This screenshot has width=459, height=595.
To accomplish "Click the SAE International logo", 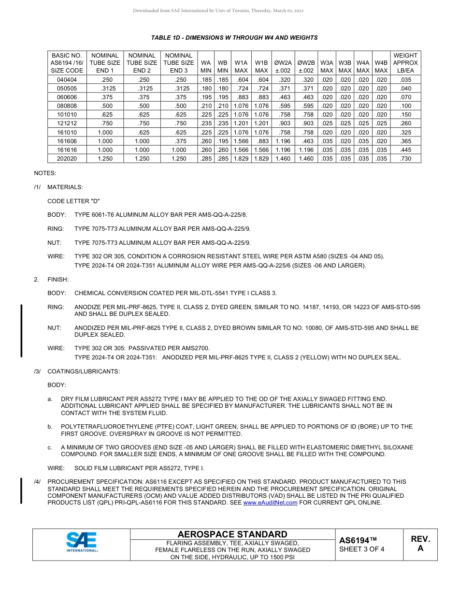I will (x=82, y=542).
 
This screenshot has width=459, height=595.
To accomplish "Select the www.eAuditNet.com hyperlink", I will (x=270, y=503).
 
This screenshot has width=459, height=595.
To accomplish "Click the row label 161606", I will (x=67, y=141).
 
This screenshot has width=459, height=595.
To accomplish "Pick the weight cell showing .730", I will (x=405, y=159).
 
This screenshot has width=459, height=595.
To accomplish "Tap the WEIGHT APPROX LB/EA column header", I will (x=405, y=63).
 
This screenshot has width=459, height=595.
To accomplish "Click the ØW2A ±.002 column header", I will (x=283, y=66).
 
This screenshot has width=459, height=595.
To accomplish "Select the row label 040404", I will (x=67, y=79).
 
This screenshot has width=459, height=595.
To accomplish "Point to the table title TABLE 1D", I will (x=234, y=38).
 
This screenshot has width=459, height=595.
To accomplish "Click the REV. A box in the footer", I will (x=420, y=544).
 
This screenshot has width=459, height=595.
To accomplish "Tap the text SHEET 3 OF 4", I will (x=362, y=549).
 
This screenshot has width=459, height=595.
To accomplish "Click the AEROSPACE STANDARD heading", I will (x=232, y=534).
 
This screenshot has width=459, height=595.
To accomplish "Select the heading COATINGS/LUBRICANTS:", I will (x=84, y=372).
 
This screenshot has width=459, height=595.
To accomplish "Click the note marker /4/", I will (x=37, y=482).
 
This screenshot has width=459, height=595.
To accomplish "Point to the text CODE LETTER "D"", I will (x=73, y=201).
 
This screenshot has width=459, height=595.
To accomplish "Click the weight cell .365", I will (x=405, y=141).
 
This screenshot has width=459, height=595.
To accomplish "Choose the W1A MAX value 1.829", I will (x=241, y=159).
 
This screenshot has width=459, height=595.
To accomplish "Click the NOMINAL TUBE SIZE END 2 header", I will (x=142, y=63).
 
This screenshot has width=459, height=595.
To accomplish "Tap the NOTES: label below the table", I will (x=45, y=173).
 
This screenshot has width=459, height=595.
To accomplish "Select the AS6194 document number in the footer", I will (x=358, y=540).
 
